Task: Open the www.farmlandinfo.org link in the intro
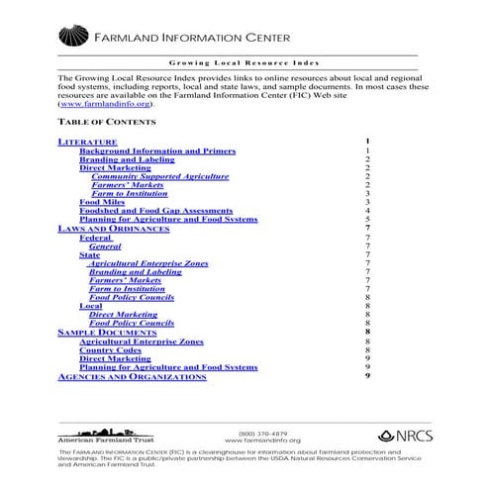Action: point(107,103)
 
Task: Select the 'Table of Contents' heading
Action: point(107,122)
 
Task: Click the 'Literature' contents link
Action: point(88,142)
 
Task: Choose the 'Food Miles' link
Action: point(103,202)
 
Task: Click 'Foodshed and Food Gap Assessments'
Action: point(155,211)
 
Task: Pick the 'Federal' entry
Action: point(95,238)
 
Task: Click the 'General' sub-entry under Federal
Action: point(105,246)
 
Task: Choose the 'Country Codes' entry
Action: point(110,349)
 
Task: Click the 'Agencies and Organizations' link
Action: point(133,376)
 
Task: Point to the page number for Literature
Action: point(366,142)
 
